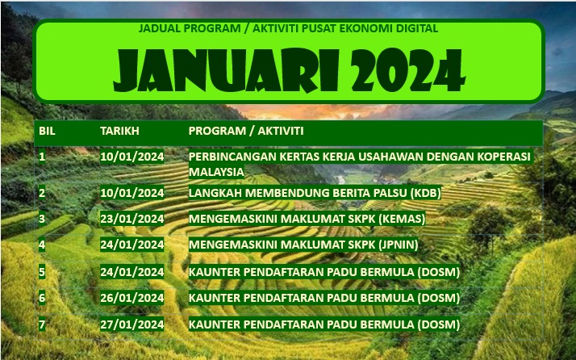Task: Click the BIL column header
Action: (47, 131)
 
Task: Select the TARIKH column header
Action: (119, 131)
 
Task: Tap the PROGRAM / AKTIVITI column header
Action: (246, 131)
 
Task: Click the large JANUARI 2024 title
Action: (289, 70)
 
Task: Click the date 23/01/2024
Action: (131, 219)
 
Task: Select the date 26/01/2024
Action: (131, 298)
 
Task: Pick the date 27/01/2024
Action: (131, 324)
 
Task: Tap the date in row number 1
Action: (131, 157)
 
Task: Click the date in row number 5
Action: (131, 272)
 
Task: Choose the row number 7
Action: (42, 324)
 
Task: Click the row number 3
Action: (42, 219)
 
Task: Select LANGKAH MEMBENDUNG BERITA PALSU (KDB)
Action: (315, 193)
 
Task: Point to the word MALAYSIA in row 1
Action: (216, 172)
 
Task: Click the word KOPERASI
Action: (504, 157)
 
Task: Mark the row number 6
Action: (42, 298)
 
